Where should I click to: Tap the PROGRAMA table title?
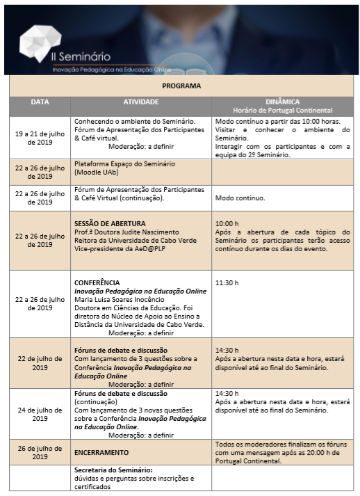(181, 86)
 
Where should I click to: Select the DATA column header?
(40, 102)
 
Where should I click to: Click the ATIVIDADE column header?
(141, 102)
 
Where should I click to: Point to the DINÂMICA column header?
(282, 102)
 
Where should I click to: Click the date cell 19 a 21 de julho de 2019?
(40, 137)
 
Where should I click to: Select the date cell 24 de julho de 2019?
(40, 414)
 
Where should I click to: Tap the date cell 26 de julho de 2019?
(40, 452)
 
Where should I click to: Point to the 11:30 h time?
(227, 283)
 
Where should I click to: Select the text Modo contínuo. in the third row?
(240, 198)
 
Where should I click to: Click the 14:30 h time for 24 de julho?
(227, 393)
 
